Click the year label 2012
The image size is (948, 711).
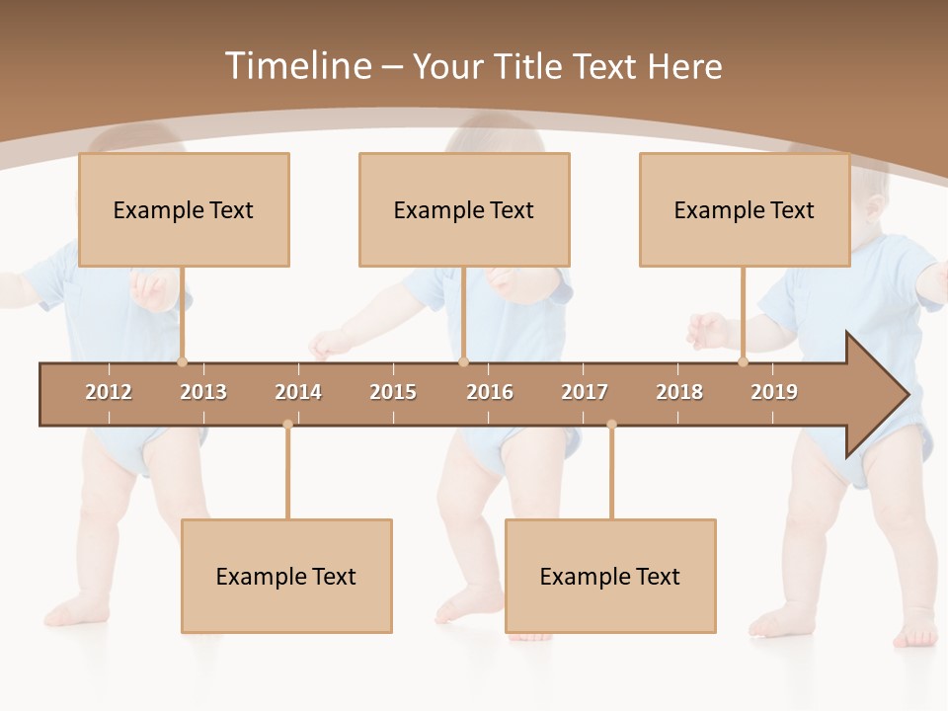click(x=109, y=392)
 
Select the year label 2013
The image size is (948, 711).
click(x=203, y=392)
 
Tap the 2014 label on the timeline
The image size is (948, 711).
click(x=298, y=392)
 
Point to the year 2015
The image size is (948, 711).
click(x=393, y=392)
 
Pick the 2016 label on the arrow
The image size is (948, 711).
click(x=490, y=392)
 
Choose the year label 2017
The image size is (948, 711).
click(x=585, y=392)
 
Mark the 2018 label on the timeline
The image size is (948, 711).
click(x=679, y=392)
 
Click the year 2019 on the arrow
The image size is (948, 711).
click(x=774, y=392)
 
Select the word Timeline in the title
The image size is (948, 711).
click(x=296, y=66)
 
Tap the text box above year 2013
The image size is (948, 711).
click(x=184, y=209)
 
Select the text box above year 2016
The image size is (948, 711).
click(x=464, y=209)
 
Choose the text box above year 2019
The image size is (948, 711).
click(x=745, y=209)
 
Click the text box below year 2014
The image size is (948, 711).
click(x=286, y=576)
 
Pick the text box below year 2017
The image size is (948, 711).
click(x=610, y=576)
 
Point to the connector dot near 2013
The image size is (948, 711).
click(x=182, y=361)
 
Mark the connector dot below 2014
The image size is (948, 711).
click(x=287, y=425)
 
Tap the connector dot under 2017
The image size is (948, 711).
click(x=611, y=425)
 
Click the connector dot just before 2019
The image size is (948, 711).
click(x=743, y=361)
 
